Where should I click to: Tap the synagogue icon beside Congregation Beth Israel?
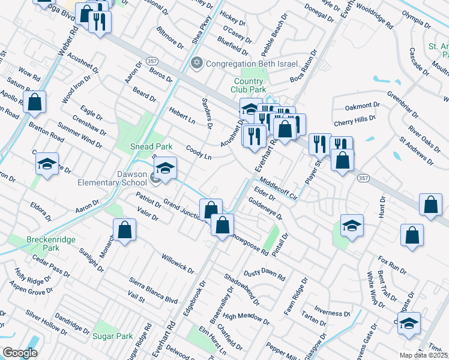196,63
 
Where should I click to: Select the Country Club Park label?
249,85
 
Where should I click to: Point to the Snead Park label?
152,146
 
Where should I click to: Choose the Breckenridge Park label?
51,244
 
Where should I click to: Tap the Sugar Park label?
112,336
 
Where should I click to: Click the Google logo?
20,353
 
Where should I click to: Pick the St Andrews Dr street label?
417,150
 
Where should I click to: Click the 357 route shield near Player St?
378,179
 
